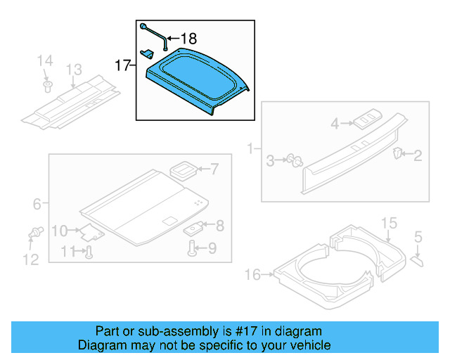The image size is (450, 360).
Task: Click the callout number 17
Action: (x=122, y=66)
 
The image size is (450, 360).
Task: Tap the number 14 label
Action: (x=45, y=60)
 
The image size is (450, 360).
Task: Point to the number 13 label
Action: (x=74, y=70)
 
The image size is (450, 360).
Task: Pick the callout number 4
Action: (x=335, y=124)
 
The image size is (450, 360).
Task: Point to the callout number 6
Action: (x=37, y=205)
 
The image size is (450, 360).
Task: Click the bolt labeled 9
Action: (x=192, y=247)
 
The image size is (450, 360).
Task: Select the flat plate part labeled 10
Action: (x=89, y=232)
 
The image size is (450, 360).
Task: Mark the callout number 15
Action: (x=389, y=224)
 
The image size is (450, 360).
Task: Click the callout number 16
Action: (x=252, y=274)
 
